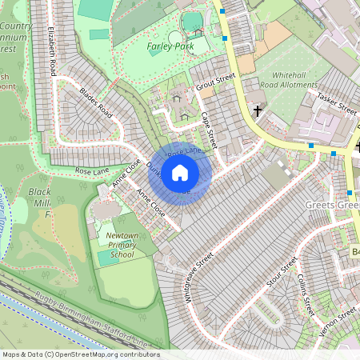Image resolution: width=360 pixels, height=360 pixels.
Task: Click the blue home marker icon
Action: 180,173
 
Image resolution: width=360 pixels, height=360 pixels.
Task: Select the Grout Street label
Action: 215,80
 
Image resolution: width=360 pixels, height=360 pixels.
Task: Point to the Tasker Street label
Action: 336,102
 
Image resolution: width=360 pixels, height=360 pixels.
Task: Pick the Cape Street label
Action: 209,129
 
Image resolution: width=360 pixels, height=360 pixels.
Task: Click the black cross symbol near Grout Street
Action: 258,110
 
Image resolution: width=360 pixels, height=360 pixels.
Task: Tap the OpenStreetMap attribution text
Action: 81,354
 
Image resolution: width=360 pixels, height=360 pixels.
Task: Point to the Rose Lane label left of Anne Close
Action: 92,170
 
